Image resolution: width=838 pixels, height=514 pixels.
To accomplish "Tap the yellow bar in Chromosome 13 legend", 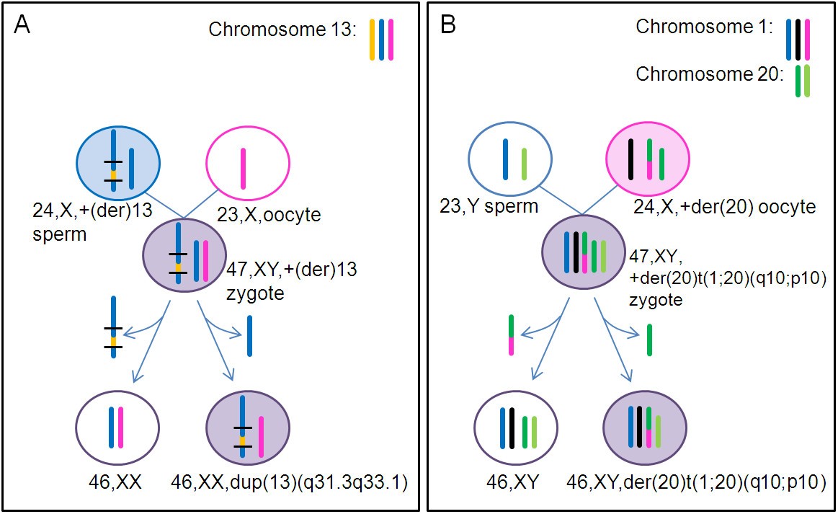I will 373,40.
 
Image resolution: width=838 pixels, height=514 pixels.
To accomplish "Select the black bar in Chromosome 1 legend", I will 798,39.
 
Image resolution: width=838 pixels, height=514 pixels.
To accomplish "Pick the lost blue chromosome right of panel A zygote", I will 249,336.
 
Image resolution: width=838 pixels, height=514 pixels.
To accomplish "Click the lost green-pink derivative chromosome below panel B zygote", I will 511,335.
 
